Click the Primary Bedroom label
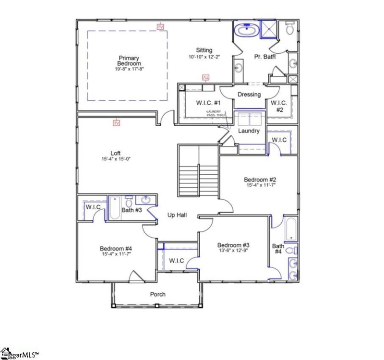pyautogui.click(x=129, y=60)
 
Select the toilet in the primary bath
pyautogui.click(x=289, y=29)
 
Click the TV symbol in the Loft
pyautogui.click(x=116, y=123)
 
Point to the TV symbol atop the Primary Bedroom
pyautogui.click(x=160, y=27)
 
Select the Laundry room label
pyautogui.click(x=249, y=131)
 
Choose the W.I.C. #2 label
pyautogui.click(x=279, y=106)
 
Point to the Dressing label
pyautogui.click(x=249, y=95)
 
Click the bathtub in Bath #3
pyautogui.click(x=115, y=208)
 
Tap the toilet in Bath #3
pyautogui.click(x=129, y=201)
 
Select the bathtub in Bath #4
pyautogui.click(x=291, y=230)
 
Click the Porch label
pyautogui.click(x=158, y=294)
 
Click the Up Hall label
pyautogui.click(x=177, y=216)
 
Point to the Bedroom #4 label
pyautogui.click(x=115, y=248)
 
